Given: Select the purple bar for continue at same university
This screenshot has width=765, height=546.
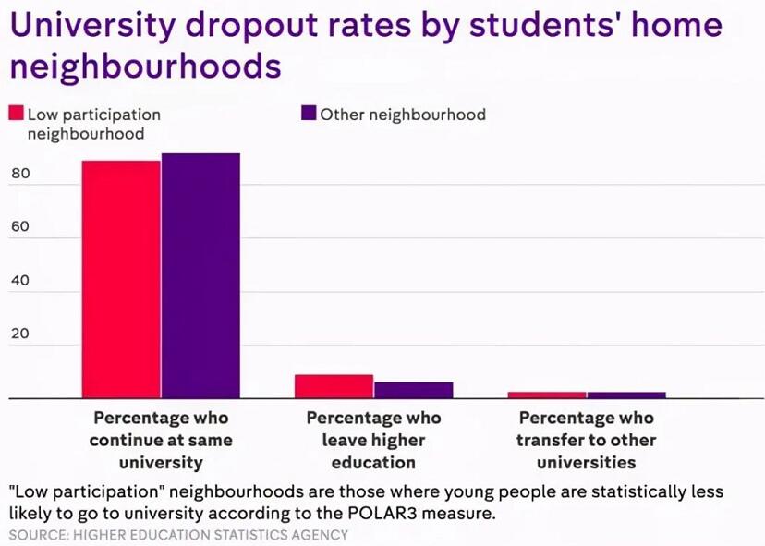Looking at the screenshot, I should click(200, 275).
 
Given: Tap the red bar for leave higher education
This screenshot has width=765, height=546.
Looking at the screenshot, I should click(334, 386).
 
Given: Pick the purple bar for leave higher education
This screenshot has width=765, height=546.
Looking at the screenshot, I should click(413, 390).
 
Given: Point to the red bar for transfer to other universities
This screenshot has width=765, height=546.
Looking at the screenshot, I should click(546, 394).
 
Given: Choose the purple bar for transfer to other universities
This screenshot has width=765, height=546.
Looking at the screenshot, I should click(625, 394).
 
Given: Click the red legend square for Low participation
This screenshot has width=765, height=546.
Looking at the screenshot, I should click(16, 114).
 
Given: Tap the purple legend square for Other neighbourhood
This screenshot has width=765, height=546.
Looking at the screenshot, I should click(309, 114).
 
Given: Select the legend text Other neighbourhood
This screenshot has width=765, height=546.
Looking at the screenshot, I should click(403, 115).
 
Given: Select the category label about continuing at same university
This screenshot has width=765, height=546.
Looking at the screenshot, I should click(161, 440).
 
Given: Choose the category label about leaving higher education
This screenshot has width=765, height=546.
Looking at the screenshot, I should click(373, 440).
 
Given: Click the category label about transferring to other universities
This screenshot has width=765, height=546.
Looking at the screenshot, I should click(586, 440).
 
